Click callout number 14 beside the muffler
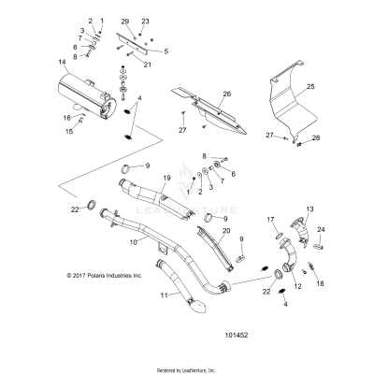[63, 63]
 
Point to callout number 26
[225, 94]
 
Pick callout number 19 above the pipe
[167, 178]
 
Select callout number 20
[226, 230]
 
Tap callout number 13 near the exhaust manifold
[310, 209]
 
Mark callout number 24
[322, 230]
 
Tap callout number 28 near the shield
[315, 138]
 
